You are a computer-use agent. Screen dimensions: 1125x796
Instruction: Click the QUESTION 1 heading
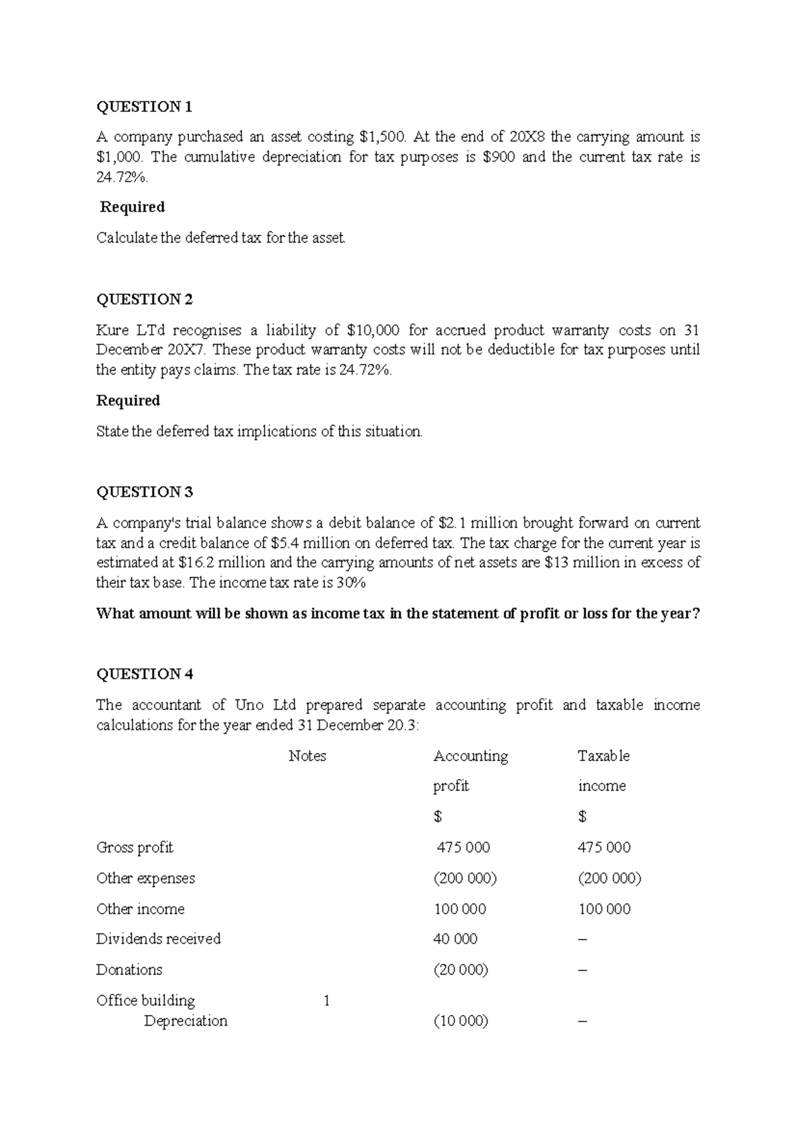(144, 107)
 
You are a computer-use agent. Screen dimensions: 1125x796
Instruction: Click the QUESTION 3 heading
(145, 492)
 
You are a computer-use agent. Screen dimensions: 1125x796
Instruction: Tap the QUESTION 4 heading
(145, 674)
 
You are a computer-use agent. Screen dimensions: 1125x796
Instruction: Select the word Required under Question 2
(128, 400)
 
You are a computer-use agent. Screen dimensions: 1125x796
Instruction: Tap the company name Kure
(114, 330)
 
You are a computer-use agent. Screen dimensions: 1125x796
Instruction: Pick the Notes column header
(307, 756)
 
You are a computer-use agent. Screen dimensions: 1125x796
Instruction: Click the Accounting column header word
(470, 756)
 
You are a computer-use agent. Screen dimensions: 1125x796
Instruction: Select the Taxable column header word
(604, 756)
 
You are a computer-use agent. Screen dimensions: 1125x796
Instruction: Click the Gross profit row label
(135, 847)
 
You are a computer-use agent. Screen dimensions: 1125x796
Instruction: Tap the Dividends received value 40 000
(455, 939)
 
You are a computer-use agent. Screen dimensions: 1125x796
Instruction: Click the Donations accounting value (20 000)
(460, 970)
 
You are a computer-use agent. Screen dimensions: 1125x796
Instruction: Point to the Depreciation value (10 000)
(460, 1021)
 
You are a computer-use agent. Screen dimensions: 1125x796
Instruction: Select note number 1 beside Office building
(326, 1000)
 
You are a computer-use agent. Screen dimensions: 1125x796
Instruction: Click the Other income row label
(140, 909)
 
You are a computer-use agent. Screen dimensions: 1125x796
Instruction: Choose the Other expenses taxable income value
(609, 878)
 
